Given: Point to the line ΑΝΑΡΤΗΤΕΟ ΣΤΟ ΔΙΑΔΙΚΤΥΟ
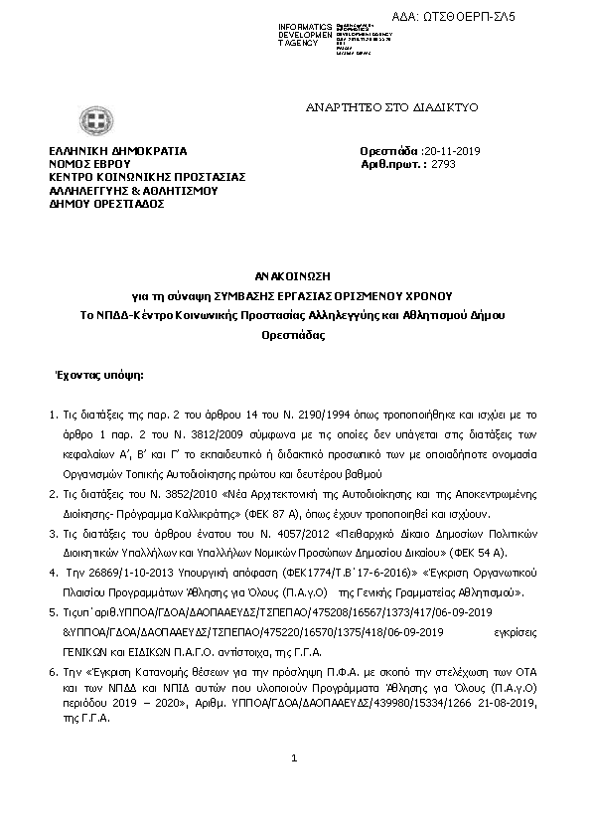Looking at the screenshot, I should [x=377, y=104].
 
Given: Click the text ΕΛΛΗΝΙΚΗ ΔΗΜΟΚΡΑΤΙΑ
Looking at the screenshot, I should [x=118, y=151].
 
